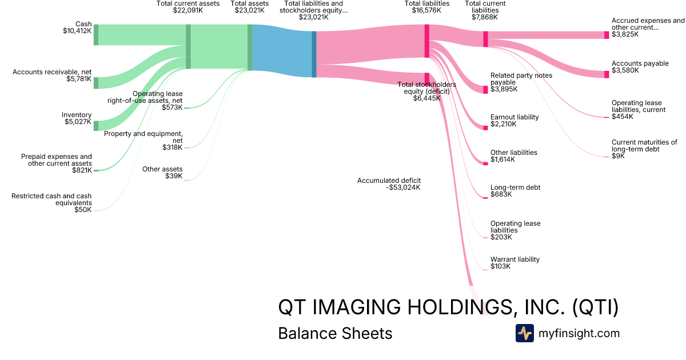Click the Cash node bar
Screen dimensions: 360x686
pos(96,34)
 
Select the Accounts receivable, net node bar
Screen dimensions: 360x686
pos(96,83)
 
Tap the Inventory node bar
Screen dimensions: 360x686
pos(96,126)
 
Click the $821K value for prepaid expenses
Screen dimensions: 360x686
pos(82,170)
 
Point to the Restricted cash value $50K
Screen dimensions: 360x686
pos(83,210)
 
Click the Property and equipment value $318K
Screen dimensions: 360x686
pos(172,147)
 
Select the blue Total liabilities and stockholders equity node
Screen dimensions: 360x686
pos(314,54)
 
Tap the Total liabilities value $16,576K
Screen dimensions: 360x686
pos(426,10)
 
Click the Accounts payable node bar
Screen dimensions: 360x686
pos(607,74)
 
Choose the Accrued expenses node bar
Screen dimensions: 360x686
pos(607,35)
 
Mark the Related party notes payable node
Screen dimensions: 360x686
pos(486,89)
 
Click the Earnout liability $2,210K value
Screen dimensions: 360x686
pos(503,124)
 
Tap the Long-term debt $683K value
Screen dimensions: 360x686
pos(501,194)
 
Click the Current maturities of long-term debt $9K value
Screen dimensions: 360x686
pos(618,156)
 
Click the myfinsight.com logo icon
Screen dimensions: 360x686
pos(524,333)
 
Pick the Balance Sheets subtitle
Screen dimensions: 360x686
pos(335,333)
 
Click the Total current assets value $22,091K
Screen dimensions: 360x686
pos(188,10)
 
